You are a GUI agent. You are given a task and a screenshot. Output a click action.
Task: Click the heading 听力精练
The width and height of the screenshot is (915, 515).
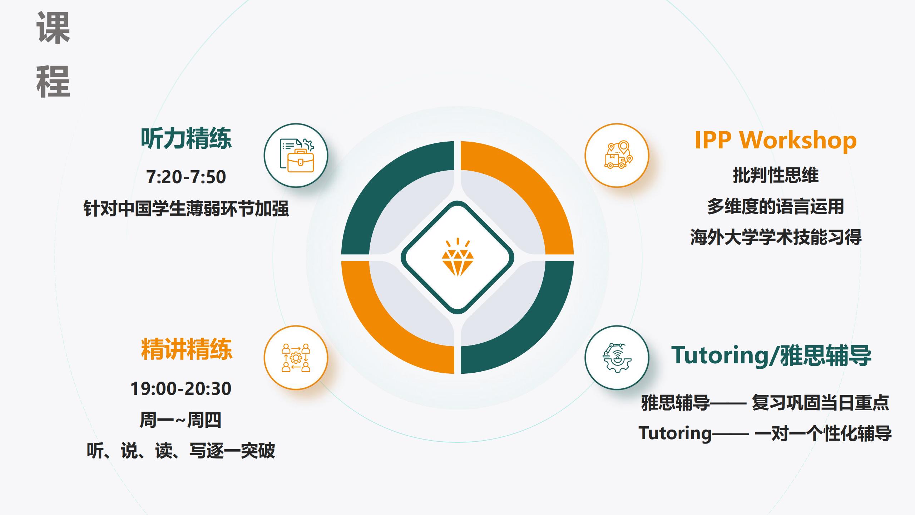[x=186, y=138]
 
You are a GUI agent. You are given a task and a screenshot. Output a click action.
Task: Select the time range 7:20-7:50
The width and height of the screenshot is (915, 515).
[x=186, y=177]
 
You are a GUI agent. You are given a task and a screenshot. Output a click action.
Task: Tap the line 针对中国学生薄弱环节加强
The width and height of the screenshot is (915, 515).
[x=186, y=208]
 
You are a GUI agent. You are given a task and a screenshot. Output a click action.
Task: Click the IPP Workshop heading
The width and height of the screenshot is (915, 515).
[x=776, y=140]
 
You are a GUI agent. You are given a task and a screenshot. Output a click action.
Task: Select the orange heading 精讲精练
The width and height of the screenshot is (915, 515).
[x=187, y=349]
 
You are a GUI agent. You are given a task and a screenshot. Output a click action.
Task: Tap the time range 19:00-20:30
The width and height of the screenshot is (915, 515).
[x=181, y=388]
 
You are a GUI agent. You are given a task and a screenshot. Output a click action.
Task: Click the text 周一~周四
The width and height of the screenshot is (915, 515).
[x=181, y=420]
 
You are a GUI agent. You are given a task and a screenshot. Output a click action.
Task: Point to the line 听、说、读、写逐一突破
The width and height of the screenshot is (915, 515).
[x=181, y=450]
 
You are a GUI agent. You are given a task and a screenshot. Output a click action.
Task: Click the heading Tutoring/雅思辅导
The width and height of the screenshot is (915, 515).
[x=771, y=355]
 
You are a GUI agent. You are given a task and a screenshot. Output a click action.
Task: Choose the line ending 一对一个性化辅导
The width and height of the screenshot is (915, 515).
[x=765, y=433]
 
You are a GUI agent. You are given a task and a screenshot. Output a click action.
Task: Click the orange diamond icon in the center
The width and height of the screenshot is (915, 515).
[x=457, y=257]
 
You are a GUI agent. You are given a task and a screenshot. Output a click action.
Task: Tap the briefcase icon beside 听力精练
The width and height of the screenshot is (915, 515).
[x=296, y=155]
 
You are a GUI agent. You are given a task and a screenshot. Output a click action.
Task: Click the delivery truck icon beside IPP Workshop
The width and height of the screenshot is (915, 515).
[x=617, y=154]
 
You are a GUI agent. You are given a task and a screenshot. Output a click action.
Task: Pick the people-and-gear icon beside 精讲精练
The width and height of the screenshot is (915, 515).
[x=296, y=358]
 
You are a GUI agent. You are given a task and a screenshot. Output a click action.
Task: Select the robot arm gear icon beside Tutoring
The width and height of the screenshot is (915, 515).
[x=617, y=358]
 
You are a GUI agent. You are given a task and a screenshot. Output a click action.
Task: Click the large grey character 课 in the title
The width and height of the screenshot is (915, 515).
[x=53, y=28]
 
